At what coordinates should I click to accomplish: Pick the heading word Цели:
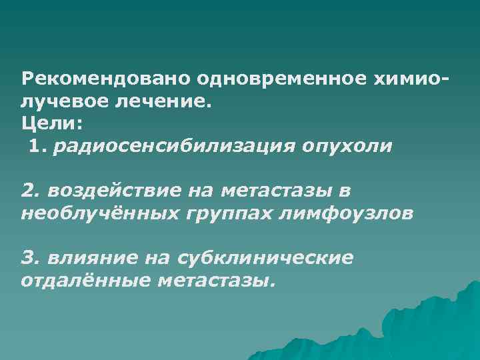[x=49, y=123]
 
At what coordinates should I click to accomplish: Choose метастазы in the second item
[x=277, y=191]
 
